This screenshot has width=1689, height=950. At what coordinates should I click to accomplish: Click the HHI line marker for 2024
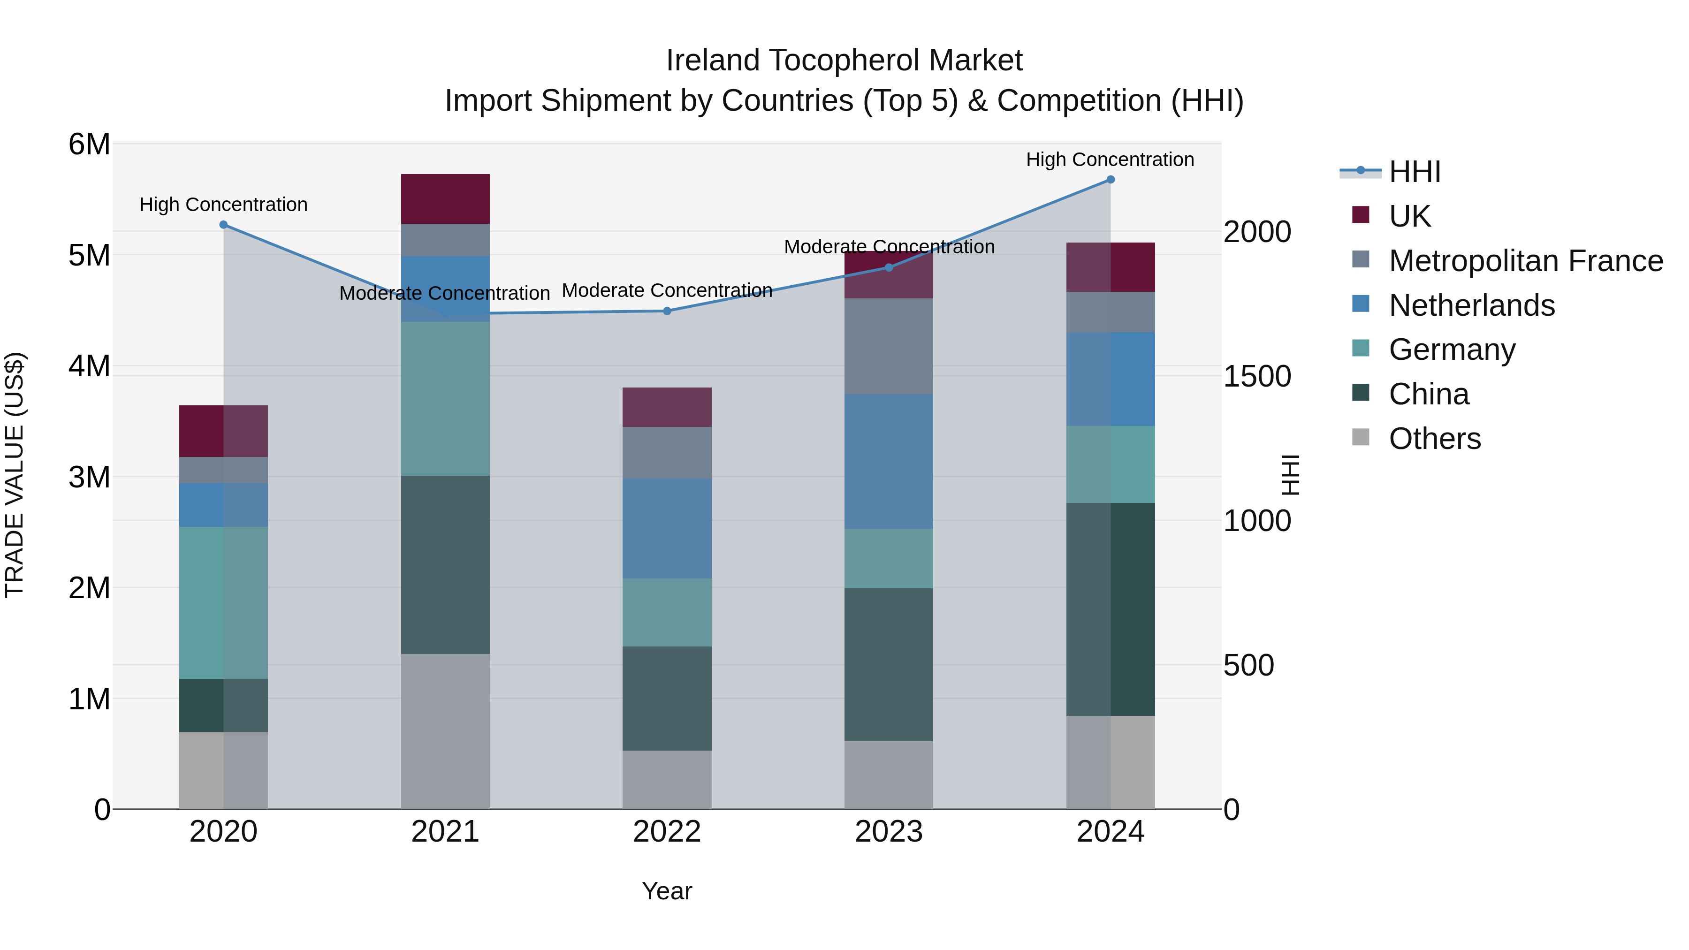click(x=1110, y=180)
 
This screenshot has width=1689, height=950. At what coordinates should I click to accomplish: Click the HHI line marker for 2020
click(x=224, y=225)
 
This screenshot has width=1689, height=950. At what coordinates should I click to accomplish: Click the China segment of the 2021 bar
click(x=445, y=564)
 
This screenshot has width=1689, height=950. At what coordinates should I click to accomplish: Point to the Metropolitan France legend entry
click(x=1525, y=261)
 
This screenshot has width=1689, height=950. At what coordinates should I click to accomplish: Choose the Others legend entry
click(x=1435, y=439)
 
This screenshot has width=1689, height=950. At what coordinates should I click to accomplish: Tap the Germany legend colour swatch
click(x=1361, y=348)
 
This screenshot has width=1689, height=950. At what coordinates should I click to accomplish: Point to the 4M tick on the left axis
click(x=89, y=366)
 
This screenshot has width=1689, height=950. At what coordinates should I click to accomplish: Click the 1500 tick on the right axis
click(x=1257, y=376)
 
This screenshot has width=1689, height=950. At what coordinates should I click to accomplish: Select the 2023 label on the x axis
click(x=889, y=832)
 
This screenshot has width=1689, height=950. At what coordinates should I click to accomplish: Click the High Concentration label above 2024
click(x=1110, y=160)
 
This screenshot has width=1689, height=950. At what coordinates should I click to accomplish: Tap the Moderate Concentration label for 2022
click(x=667, y=290)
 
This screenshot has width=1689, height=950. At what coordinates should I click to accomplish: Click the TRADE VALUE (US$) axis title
click(x=15, y=475)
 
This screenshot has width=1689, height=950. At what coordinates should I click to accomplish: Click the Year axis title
click(x=667, y=891)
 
